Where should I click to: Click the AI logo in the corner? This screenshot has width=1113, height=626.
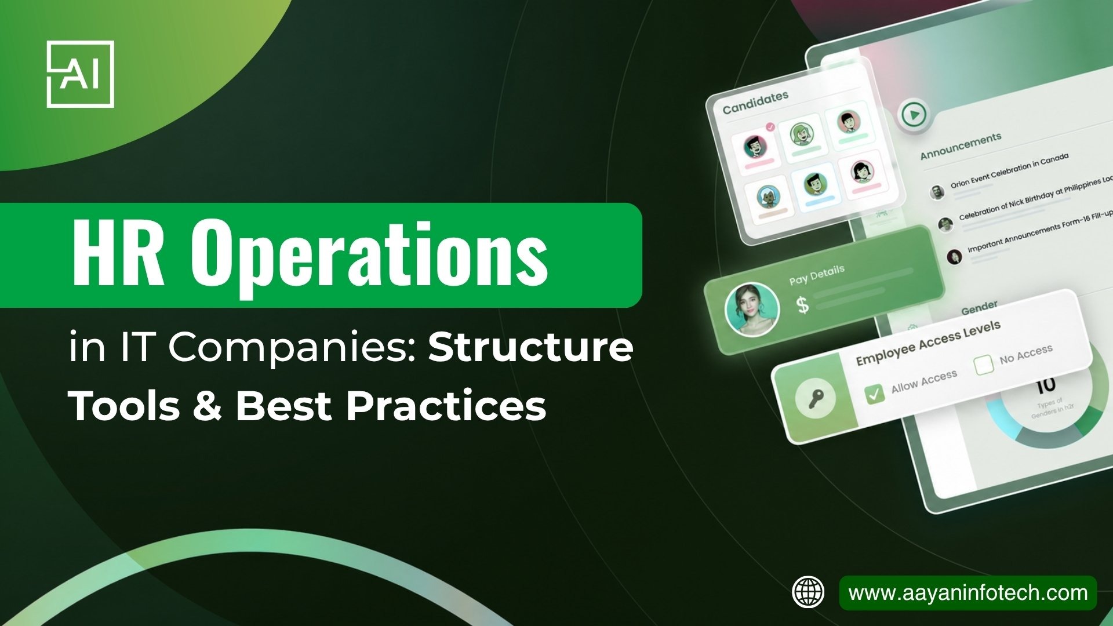click(80, 74)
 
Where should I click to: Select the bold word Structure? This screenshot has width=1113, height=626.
click(530, 347)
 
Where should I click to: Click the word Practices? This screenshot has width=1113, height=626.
click(446, 405)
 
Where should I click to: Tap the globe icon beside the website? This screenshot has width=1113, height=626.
click(808, 592)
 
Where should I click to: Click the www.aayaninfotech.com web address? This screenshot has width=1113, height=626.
click(967, 593)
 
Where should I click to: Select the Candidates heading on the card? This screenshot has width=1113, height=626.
click(755, 103)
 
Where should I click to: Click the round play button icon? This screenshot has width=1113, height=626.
click(914, 114)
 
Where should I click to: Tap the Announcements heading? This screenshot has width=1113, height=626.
click(961, 145)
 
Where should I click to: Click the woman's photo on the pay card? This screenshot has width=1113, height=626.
click(752, 310)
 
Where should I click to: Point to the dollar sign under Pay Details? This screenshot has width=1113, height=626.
click(803, 305)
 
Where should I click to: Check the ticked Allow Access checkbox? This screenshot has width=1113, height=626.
click(874, 394)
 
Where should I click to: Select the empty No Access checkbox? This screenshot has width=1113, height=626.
click(984, 365)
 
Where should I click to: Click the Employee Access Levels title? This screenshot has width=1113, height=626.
click(928, 343)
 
